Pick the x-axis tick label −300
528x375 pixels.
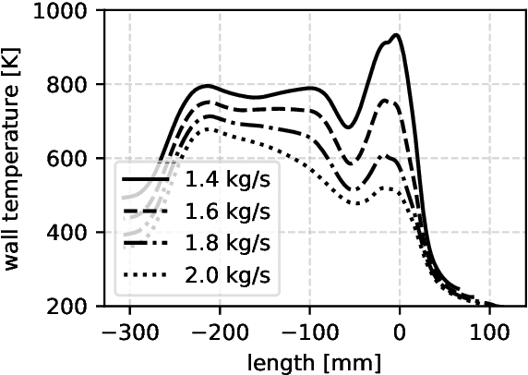[x=128, y=328]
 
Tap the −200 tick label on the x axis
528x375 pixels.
[x=219, y=328]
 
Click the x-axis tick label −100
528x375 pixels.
[x=308, y=328]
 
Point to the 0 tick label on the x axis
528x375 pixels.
[x=400, y=328]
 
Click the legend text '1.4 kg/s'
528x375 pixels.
[x=228, y=177]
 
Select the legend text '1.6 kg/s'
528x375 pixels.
[x=228, y=211]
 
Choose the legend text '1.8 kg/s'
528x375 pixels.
[x=228, y=243]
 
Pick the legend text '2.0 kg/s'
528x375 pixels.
[x=228, y=275]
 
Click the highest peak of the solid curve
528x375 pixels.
[x=396, y=35]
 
